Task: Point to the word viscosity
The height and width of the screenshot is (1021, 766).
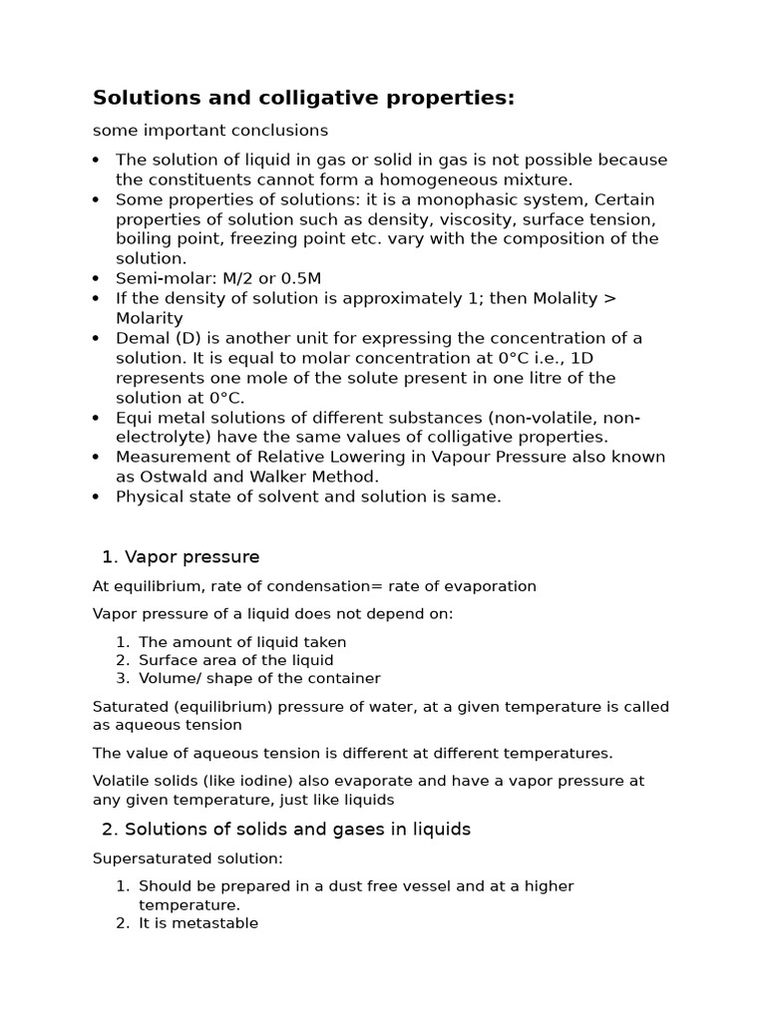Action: coord(455,219)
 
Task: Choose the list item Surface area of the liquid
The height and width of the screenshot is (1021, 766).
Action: coord(236,660)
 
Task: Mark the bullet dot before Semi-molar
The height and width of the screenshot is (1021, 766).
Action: coord(96,279)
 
